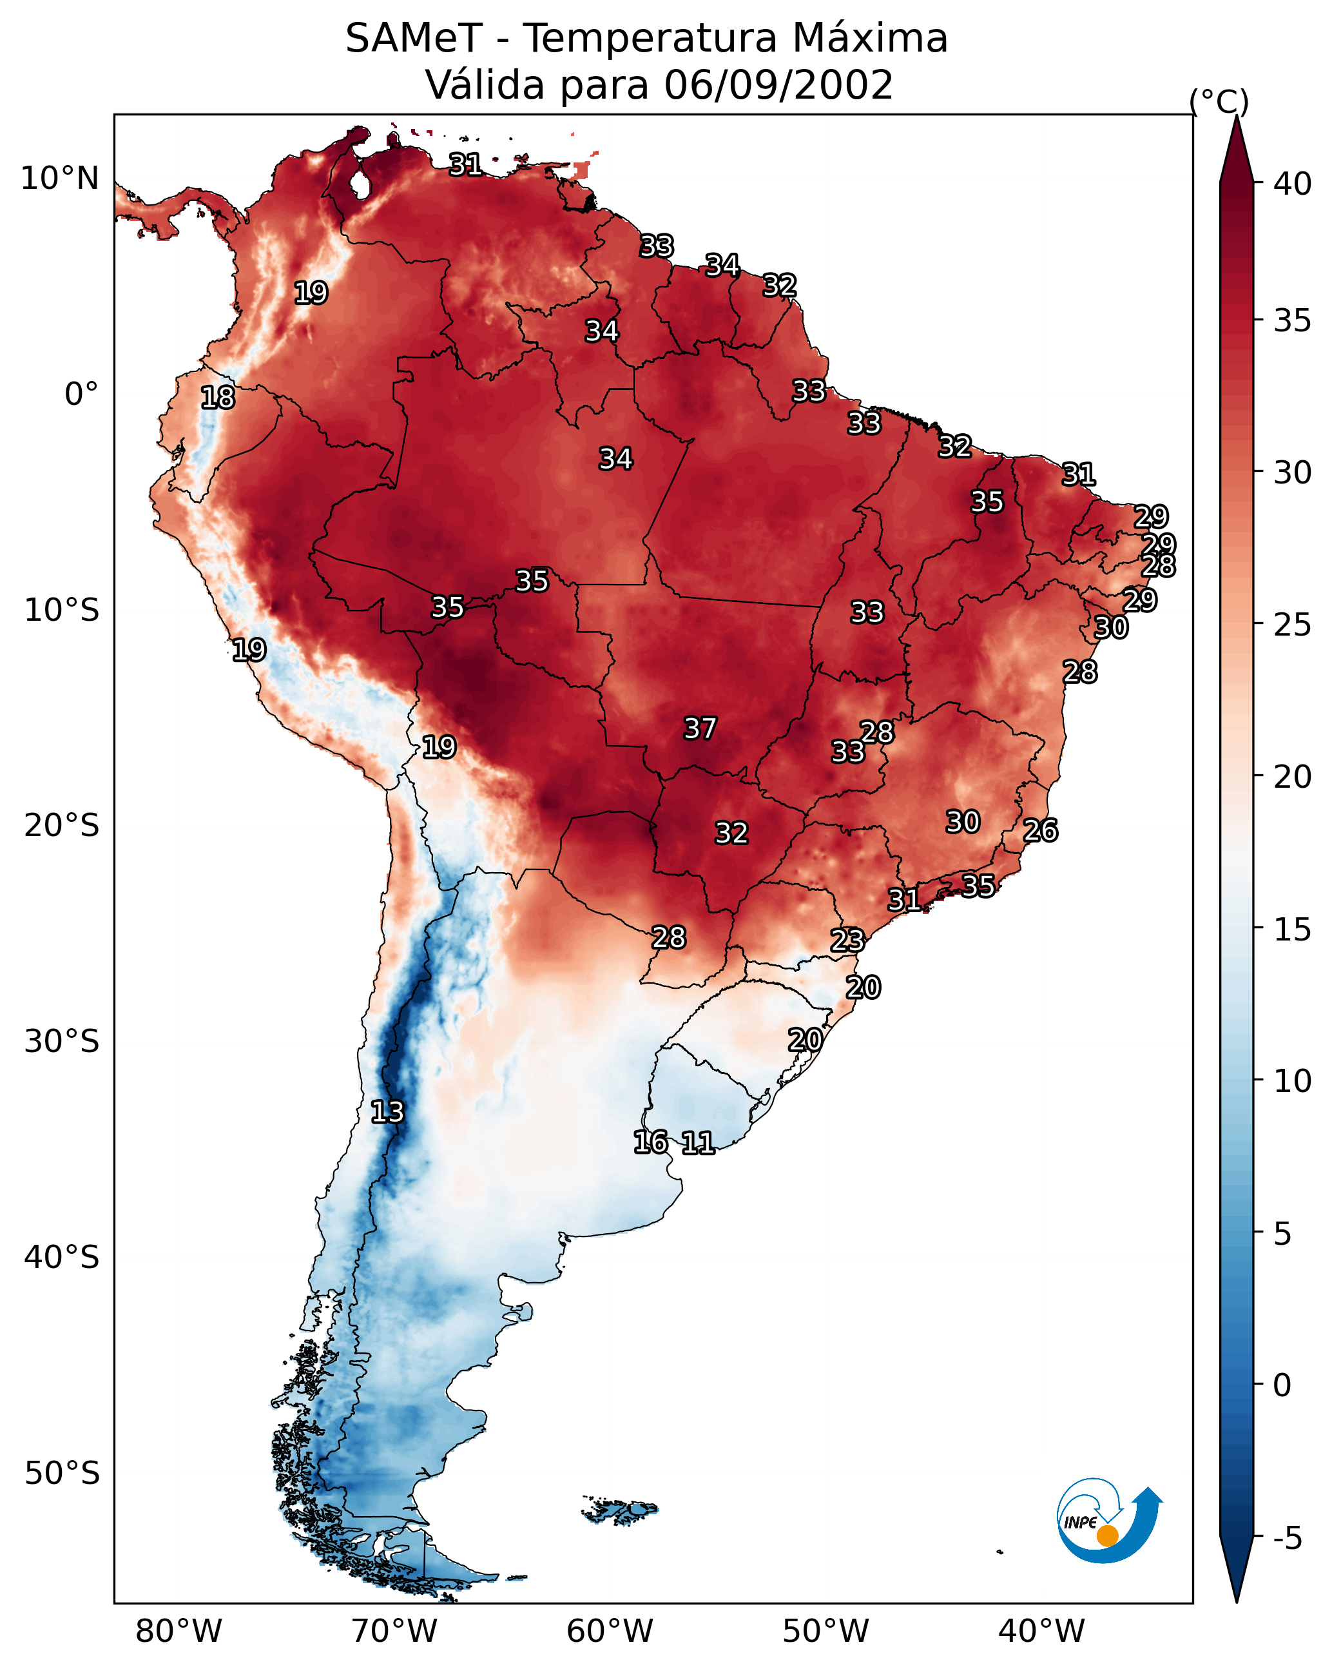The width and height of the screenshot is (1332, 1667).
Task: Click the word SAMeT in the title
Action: (x=414, y=39)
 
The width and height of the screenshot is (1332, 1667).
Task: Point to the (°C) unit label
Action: (x=1219, y=101)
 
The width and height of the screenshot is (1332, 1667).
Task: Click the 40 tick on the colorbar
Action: (x=1293, y=184)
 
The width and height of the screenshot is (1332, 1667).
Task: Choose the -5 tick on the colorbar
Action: (x=1288, y=1539)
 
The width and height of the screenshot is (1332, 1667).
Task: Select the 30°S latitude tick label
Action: (x=62, y=1042)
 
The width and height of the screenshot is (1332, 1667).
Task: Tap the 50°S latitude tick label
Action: (x=62, y=1474)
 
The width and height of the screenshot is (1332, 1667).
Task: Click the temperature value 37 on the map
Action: (x=700, y=728)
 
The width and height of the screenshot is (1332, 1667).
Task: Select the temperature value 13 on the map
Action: (x=387, y=1112)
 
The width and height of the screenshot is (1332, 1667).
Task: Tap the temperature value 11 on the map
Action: (x=698, y=1143)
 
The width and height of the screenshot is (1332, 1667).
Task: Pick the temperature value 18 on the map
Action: (x=218, y=398)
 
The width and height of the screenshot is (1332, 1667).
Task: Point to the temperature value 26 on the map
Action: (x=1041, y=830)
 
